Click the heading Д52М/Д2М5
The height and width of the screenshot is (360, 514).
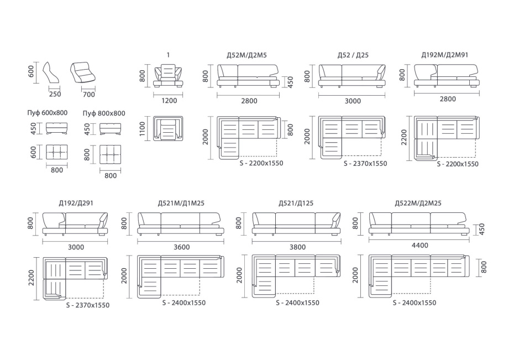[246, 55]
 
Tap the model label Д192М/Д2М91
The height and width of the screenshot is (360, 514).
[444, 55]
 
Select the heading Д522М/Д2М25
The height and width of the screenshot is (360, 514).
[418, 203]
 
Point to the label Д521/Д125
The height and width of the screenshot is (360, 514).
[296, 204]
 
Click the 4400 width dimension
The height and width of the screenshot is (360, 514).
[419, 245]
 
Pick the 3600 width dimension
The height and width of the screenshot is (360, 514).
[181, 247]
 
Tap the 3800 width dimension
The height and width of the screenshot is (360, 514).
[297, 247]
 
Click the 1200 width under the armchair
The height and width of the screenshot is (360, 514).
[169, 101]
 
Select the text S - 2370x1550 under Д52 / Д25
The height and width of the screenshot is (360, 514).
[365, 163]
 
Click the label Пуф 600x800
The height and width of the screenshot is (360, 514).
[47, 113]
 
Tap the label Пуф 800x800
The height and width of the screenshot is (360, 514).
[104, 113]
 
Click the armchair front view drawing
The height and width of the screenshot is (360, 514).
[168, 76]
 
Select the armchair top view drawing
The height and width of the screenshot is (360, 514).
[168, 128]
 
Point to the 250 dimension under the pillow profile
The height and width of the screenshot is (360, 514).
[55, 94]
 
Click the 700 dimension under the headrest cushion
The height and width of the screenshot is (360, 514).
[88, 95]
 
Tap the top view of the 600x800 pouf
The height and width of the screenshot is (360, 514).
[57, 153]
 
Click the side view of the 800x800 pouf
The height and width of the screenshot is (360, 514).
[110, 128]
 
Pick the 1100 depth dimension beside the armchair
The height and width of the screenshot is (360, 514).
[142, 128]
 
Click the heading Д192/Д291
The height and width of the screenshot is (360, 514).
[76, 204]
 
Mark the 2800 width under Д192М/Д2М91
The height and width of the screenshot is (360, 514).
[448, 99]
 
